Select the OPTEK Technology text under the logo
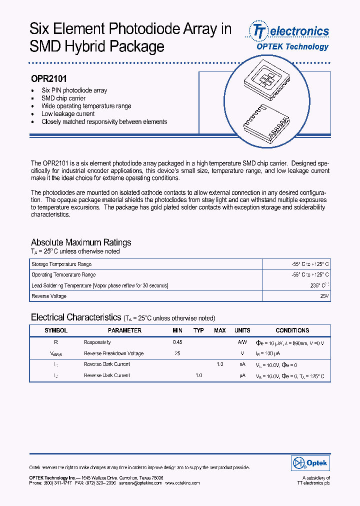[292, 46]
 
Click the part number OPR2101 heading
[49, 78]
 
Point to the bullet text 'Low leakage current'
[68, 114]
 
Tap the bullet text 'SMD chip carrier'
[63, 98]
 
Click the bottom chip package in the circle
[265, 122]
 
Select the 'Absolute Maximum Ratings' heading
[81, 242]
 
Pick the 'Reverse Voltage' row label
[49, 296]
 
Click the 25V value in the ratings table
[324, 296]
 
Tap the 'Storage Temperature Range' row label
[61, 264]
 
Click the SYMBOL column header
[56, 330]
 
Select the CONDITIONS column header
[292, 330]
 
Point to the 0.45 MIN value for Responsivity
[177, 342]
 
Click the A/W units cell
[242, 342]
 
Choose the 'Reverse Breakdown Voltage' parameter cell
[113, 353]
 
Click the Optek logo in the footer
[310, 463]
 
